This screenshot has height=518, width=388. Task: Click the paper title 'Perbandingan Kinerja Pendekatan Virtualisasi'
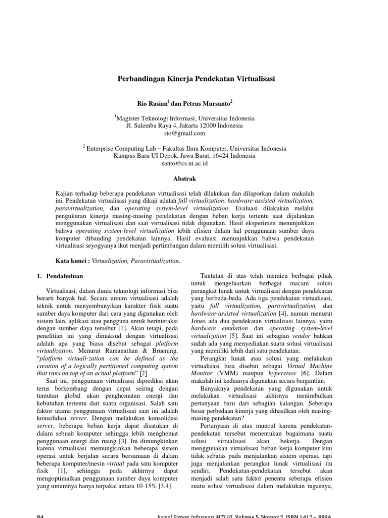coord(193,79)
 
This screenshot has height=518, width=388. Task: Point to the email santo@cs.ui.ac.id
coord(184,164)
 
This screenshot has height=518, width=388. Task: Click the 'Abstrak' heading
coord(184,179)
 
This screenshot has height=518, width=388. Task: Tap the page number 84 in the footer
coord(42,514)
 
